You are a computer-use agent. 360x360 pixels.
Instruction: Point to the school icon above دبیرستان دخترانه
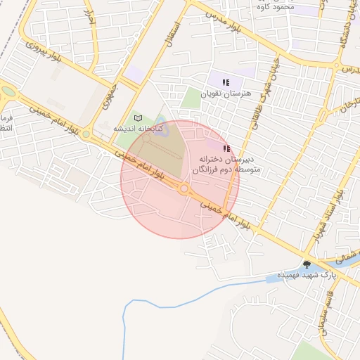click(226, 148)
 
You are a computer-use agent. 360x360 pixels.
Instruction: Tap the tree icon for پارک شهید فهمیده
click(306, 264)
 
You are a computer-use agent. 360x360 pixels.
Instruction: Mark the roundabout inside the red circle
click(184, 188)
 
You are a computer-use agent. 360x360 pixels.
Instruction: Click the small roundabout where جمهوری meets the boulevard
click(86, 133)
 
